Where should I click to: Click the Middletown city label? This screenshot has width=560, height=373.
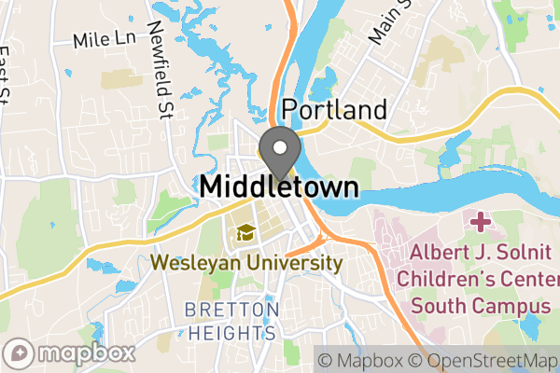278,186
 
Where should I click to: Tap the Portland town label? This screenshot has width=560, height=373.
333,109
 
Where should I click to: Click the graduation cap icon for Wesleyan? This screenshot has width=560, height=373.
245,232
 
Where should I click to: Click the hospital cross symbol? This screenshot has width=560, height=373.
481,223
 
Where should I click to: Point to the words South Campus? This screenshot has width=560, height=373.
480,305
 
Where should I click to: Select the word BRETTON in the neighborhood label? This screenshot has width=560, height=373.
231,310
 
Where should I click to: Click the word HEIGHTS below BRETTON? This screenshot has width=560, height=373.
231,332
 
